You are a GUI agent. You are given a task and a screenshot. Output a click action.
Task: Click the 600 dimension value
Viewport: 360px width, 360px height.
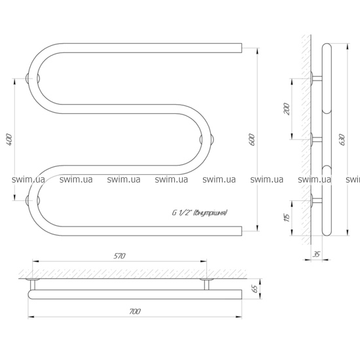251,139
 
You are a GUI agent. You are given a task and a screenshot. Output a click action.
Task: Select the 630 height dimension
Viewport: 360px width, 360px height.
342,139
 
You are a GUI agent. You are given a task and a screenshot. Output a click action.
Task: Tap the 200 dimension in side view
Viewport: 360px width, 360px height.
287,109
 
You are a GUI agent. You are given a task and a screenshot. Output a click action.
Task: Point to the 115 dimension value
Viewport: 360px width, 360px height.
287,217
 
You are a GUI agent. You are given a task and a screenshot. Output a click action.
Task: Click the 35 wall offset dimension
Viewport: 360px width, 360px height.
316,254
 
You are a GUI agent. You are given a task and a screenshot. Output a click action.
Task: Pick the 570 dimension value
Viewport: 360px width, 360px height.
119,256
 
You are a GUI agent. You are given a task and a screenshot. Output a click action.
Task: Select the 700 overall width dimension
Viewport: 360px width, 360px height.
135,312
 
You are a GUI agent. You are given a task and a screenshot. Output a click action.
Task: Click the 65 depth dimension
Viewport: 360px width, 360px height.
255,289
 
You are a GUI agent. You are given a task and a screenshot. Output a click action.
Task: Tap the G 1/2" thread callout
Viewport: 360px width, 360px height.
200,213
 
